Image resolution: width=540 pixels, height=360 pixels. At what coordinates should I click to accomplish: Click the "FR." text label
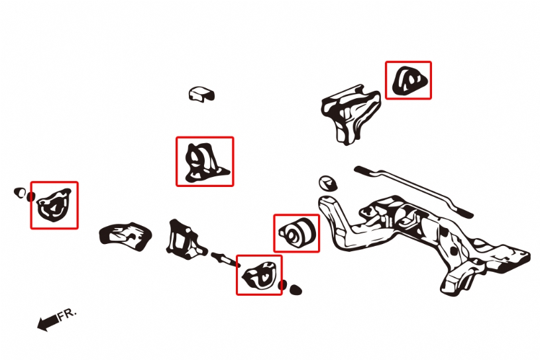pyautogui.click(x=67, y=314)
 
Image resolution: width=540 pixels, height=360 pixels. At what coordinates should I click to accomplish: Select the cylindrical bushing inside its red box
pyautogui.click(x=297, y=233)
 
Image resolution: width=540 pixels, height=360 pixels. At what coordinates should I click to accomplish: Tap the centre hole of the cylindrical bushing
pyautogui.click(x=292, y=235)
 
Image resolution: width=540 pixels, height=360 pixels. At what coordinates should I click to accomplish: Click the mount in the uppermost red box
pyautogui.click(x=409, y=80)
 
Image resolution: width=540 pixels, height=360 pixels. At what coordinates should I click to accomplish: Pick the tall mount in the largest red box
pyautogui.click(x=204, y=162)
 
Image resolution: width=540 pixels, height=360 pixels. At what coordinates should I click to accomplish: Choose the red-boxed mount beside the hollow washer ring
pyautogui.click(x=54, y=206)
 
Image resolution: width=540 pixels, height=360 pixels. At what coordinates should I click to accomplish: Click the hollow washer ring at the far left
pyautogui.click(x=20, y=193)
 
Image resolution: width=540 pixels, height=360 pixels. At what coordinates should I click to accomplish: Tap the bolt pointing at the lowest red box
pyautogui.click(x=225, y=259)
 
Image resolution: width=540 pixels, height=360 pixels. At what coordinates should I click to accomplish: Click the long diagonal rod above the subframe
pyautogui.click(x=413, y=192)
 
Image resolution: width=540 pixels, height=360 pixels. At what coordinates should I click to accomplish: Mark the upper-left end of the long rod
pyautogui.click(x=358, y=169)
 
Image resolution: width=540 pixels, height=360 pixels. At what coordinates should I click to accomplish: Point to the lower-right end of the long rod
pyautogui.click(x=469, y=215)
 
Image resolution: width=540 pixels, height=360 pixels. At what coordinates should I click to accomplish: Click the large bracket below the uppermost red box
pyautogui.click(x=350, y=113)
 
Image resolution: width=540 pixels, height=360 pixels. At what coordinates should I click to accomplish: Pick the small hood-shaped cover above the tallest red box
pyautogui.click(x=201, y=93)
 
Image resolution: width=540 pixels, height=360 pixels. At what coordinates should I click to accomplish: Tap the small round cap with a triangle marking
pyautogui.click(x=327, y=183)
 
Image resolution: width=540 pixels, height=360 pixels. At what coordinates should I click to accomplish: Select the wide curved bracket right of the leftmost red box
pyautogui.click(x=125, y=236)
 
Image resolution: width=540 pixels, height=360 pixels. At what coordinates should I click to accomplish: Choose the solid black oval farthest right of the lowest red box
pyautogui.click(x=296, y=290)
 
